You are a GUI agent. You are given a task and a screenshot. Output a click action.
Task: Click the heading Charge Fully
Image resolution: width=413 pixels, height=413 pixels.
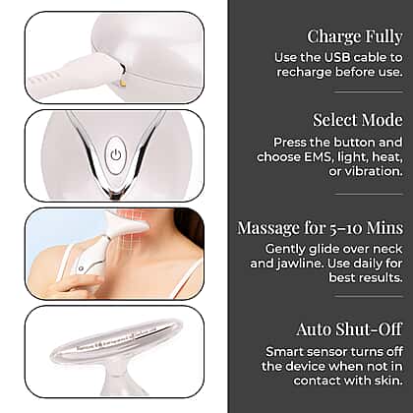pos(355,36)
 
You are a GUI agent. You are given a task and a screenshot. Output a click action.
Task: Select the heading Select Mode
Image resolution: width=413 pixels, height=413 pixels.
pos(358,120)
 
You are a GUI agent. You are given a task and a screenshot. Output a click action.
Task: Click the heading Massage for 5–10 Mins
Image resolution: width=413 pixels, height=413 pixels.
pos(320,228)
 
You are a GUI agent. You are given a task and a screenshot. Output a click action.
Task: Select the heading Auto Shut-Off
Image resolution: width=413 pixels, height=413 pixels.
pos(349,329)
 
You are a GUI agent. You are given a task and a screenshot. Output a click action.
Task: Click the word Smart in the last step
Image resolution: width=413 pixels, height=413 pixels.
pos(280,352)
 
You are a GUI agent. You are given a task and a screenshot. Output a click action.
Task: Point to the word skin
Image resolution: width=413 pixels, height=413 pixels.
pos(390,381)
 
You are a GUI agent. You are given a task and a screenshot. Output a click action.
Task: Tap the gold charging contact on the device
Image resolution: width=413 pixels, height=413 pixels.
pos(123,84)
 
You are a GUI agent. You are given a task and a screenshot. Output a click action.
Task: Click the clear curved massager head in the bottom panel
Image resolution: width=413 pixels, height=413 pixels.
pos(116,341)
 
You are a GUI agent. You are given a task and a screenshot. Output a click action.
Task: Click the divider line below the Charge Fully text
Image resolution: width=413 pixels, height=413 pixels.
pos(369,92)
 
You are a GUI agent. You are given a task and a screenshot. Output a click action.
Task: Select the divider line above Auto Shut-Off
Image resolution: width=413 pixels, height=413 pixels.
pos(369,297)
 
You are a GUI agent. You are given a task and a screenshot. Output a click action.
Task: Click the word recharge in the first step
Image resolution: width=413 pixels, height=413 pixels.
pos(304,73)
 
